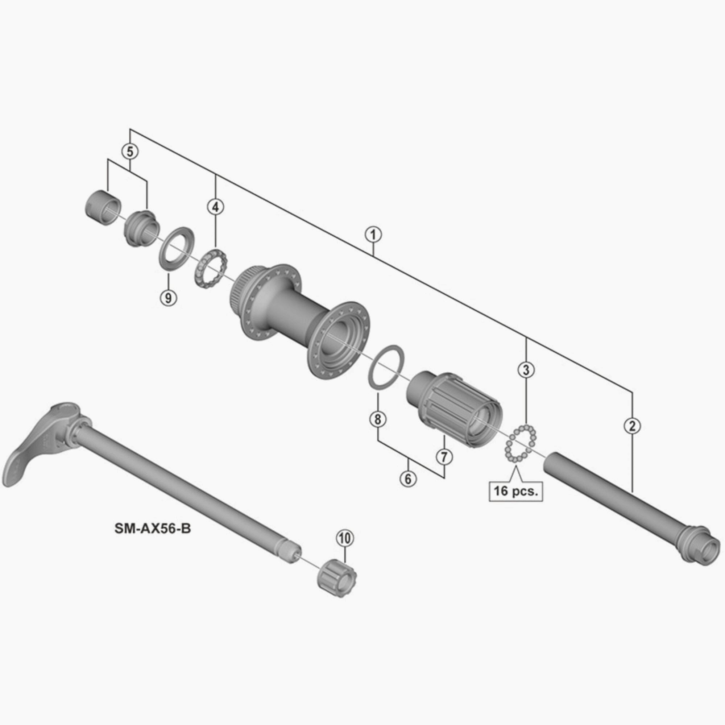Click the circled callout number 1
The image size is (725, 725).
[373, 235]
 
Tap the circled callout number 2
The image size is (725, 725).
[632, 426]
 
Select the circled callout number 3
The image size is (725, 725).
[526, 370]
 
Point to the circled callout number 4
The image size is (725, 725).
[215, 207]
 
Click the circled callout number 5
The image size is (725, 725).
[130, 151]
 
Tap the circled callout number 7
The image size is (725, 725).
[444, 457]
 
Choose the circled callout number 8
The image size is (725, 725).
[377, 419]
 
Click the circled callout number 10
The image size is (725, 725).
[345, 538]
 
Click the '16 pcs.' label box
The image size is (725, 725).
[515, 491]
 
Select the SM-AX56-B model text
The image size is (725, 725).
[153, 529]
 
